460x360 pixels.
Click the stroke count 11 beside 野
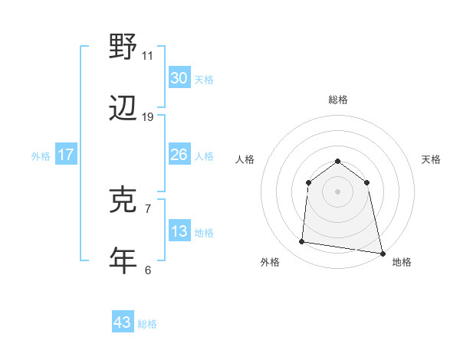point(147,55)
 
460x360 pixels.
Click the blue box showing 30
point(179,78)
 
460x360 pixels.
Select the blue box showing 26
point(179,155)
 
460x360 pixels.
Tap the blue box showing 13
point(179,231)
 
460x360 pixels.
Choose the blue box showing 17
point(66,155)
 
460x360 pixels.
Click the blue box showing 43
point(122,322)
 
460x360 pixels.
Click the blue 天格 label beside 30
point(204,79)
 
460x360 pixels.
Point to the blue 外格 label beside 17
point(41,155)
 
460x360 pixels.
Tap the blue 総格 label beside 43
point(147,323)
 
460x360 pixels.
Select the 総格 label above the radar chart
point(338,100)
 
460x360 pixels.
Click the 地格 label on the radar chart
point(402,262)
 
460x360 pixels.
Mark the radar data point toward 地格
point(382,253)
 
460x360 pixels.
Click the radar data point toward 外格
point(302,242)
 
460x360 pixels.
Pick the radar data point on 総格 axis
point(338,161)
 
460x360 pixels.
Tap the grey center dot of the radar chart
point(338,191)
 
